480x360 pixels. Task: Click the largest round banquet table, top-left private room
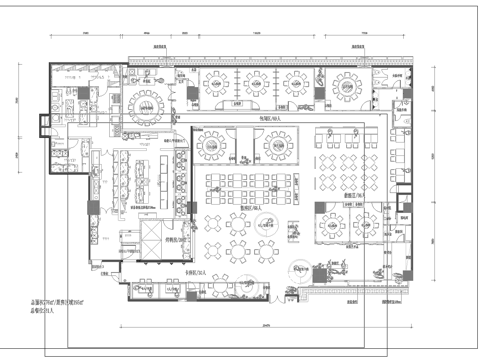(146, 99)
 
